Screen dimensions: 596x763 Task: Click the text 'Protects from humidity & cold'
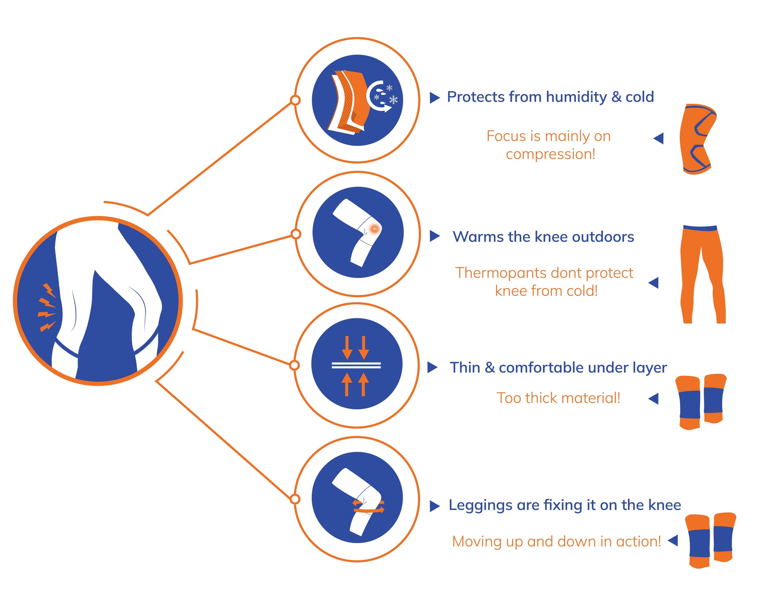click(550, 97)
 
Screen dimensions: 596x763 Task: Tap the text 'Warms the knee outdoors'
click(543, 236)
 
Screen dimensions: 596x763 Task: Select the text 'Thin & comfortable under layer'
click(558, 367)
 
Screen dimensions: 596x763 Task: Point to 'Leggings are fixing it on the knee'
click(564, 505)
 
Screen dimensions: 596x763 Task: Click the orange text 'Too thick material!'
click(558, 398)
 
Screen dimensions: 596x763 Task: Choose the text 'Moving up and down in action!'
click(556, 541)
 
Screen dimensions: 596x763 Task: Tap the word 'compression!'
click(550, 154)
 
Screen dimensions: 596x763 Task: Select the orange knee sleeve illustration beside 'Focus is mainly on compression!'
click(697, 139)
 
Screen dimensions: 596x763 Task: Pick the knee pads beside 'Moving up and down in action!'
click(710, 540)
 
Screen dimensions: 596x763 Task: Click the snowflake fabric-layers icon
click(357, 100)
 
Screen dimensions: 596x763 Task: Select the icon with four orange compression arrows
click(356, 365)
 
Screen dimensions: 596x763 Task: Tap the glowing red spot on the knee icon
click(374, 228)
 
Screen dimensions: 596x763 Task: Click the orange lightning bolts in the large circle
click(47, 308)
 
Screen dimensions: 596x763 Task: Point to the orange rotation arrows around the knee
click(369, 506)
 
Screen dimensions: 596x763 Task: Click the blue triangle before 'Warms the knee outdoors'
click(434, 236)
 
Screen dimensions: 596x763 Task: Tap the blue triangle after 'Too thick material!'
click(654, 399)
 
